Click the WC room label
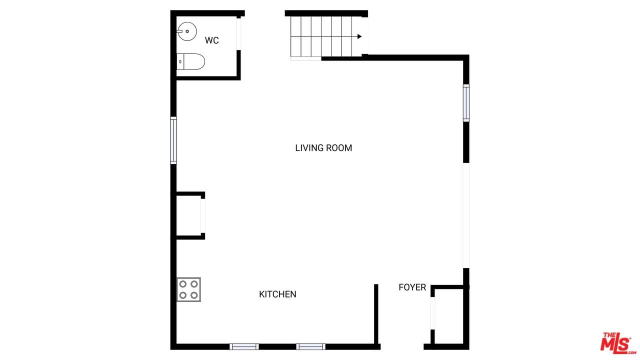point(211,40)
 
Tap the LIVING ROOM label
point(323,148)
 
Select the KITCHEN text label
point(277,294)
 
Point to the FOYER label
point(412,287)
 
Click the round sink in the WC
point(187,31)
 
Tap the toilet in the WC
point(190,61)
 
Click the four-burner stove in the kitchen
point(188,289)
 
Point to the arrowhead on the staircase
point(359,36)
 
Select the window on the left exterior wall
point(173,140)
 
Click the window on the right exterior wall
point(466,103)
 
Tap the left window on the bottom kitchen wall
point(244,346)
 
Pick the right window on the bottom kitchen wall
point(311,346)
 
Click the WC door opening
point(238,33)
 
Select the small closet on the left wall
point(189,215)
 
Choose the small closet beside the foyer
point(447,316)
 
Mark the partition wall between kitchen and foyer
point(376,314)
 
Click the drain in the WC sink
point(187,31)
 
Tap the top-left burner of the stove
point(183,284)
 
